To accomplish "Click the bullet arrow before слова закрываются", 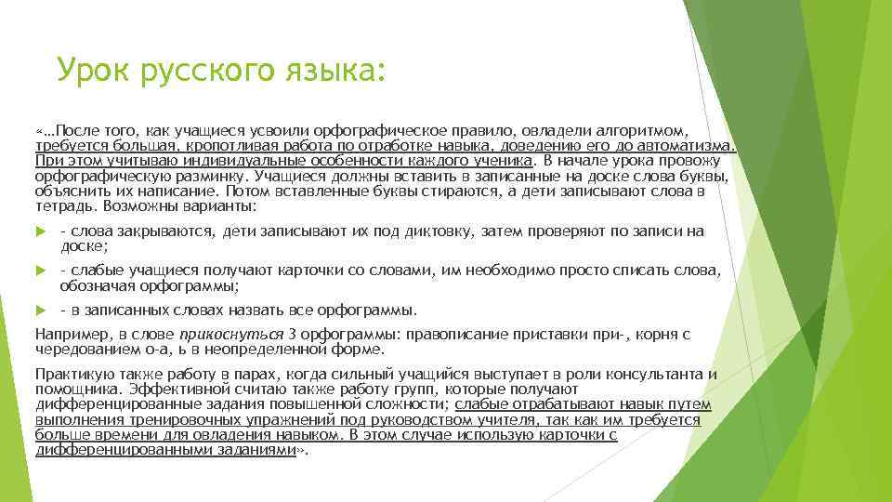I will click(41, 231).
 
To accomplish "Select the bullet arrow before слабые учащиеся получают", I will click(41, 271).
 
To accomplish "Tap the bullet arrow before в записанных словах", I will click(41, 310).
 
